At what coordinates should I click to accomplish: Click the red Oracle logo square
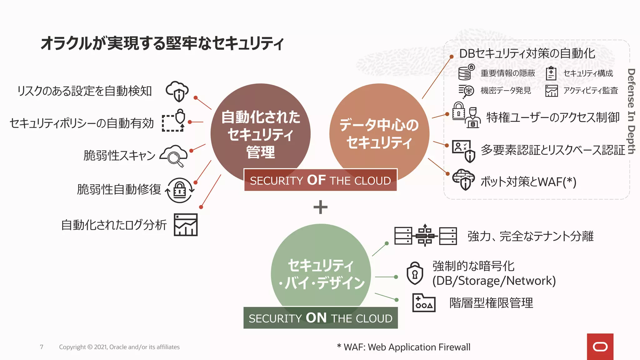(x=600, y=347)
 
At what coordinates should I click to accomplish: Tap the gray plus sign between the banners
(x=320, y=207)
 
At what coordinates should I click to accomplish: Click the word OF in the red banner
(x=316, y=180)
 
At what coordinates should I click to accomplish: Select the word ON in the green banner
(x=316, y=318)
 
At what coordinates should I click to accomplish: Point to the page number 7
(x=42, y=347)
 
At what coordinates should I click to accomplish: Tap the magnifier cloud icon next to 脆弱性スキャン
(x=174, y=155)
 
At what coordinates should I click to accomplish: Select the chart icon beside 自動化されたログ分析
(x=186, y=225)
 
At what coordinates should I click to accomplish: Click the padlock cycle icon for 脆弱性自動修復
(x=179, y=190)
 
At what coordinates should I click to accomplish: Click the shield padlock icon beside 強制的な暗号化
(x=415, y=273)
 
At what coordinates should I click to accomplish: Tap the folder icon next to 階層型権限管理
(x=424, y=303)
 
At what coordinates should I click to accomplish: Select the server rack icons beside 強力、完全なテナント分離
(x=425, y=236)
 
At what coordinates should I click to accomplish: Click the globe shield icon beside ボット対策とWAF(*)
(x=464, y=179)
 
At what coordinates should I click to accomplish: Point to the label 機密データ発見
(x=506, y=91)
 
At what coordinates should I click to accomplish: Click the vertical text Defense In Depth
(x=631, y=111)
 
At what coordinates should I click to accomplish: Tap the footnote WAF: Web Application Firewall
(x=403, y=347)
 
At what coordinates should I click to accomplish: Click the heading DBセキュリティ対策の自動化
(x=527, y=53)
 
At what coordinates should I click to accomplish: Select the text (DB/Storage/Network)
(x=494, y=281)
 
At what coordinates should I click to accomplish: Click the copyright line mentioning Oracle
(x=119, y=347)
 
